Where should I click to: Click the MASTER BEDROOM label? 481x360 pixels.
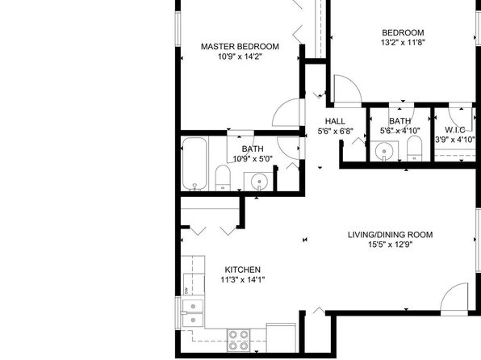click(x=240, y=47)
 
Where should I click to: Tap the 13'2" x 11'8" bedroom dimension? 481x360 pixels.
click(x=403, y=42)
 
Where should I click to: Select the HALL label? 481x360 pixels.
click(x=335, y=121)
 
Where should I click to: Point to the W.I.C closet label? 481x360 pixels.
click(x=455, y=130)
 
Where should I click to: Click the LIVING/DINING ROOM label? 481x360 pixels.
click(x=390, y=235)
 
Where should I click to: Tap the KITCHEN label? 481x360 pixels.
click(x=243, y=270)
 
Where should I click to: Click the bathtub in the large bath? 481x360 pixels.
click(x=194, y=163)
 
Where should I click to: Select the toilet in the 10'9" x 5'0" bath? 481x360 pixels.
click(x=223, y=178)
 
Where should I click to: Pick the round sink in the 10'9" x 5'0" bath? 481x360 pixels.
click(x=259, y=182)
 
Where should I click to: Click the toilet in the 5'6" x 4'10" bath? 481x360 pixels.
click(x=415, y=149)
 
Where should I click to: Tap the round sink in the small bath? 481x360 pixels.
click(x=384, y=151)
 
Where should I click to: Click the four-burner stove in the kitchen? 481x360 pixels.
click(x=238, y=341)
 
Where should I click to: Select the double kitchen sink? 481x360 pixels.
click(x=193, y=313)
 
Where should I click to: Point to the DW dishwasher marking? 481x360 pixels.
click(x=186, y=290)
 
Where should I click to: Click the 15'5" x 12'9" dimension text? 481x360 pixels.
click(x=390, y=245)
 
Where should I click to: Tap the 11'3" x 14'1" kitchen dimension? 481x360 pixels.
click(x=243, y=280)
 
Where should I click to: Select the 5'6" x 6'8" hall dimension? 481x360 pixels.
click(x=335, y=132)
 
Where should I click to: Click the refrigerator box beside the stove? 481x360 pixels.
click(x=282, y=337)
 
